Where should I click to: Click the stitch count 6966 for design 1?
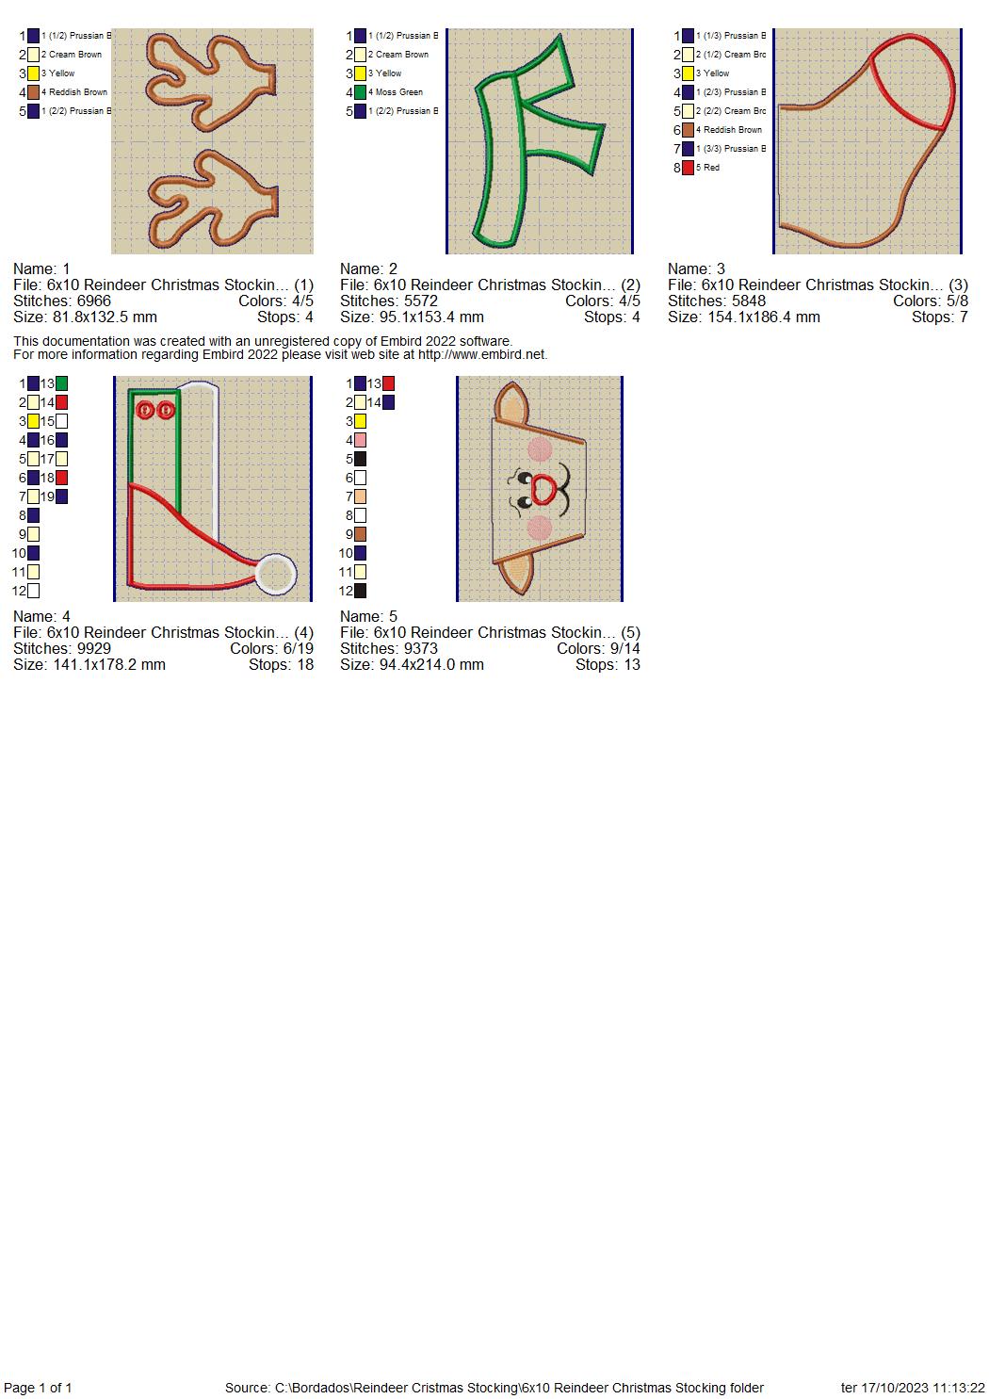tap(93, 301)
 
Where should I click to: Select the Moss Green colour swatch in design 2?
tap(360, 92)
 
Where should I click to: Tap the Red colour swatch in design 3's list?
tap(688, 168)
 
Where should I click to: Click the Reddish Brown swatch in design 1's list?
tap(33, 92)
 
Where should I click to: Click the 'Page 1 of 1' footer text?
tap(38, 1388)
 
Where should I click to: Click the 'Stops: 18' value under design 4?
tap(281, 664)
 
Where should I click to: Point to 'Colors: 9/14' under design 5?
tap(598, 649)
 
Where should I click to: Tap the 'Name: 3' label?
tap(696, 269)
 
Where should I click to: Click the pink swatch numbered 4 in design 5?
tap(360, 440)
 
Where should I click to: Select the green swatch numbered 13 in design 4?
tap(61, 383)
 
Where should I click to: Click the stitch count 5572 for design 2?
tap(421, 301)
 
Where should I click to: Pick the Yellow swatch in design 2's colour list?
tap(360, 73)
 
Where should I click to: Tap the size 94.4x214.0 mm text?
tap(431, 664)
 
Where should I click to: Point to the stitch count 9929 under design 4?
tap(93, 649)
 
